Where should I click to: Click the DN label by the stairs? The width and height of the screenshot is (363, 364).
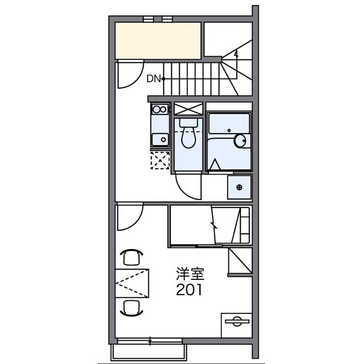(153, 79)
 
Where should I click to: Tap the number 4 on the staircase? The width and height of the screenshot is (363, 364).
(236, 55)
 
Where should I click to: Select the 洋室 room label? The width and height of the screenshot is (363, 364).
(190, 274)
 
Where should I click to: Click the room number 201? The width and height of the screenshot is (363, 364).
(189, 289)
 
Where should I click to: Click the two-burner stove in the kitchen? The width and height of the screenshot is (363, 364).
(160, 109)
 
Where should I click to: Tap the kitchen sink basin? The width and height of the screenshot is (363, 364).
(160, 139)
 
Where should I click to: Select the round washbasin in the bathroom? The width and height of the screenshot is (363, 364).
(240, 140)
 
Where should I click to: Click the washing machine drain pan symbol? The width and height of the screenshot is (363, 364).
(240, 187)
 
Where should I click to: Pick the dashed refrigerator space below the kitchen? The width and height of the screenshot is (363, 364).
(160, 160)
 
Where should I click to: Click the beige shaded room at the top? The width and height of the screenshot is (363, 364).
(158, 40)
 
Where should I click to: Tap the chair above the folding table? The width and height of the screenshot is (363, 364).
(131, 257)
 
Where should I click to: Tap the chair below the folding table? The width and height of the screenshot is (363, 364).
(131, 308)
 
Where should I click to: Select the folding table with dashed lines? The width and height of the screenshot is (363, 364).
(132, 283)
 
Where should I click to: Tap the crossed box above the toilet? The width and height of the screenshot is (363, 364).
(188, 109)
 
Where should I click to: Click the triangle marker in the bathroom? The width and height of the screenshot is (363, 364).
(215, 164)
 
